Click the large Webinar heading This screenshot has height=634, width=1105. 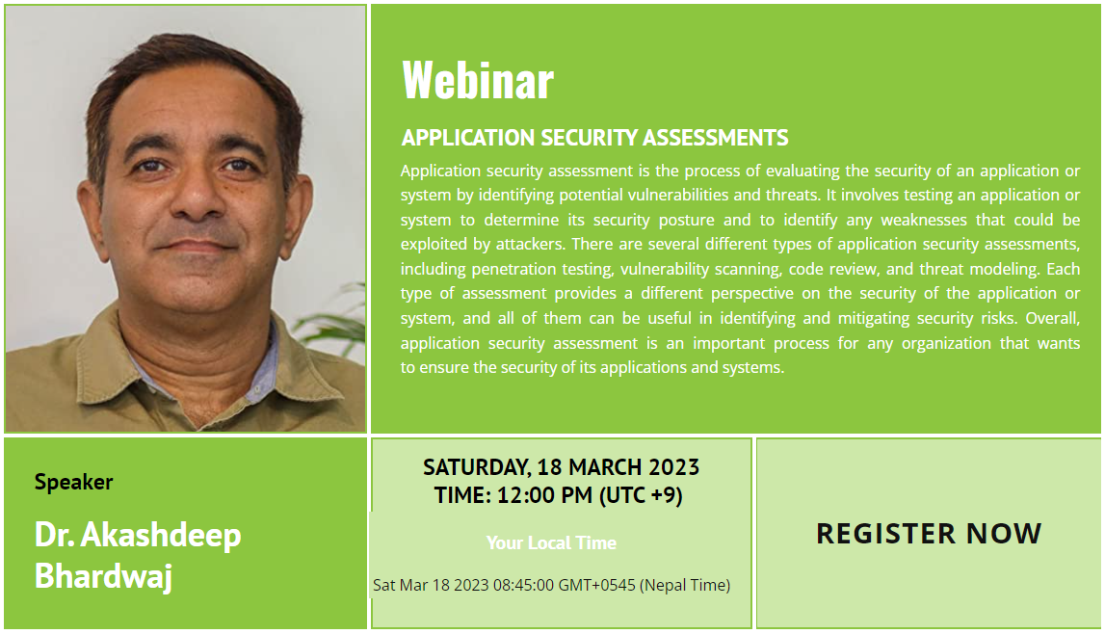coord(478,80)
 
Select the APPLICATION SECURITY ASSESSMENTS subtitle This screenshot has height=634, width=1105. coord(594,138)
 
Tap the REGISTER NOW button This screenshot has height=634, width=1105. coord(929,533)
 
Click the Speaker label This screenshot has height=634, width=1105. coord(74,483)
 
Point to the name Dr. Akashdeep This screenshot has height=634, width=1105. coord(138,535)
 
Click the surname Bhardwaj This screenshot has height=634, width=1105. coord(104,575)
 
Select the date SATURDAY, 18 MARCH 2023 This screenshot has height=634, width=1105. coord(561,467)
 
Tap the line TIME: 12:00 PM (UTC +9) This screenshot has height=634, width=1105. coord(558,495)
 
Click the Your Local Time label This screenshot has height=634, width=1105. coord(551,542)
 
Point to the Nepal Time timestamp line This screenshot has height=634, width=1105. coord(551,585)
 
